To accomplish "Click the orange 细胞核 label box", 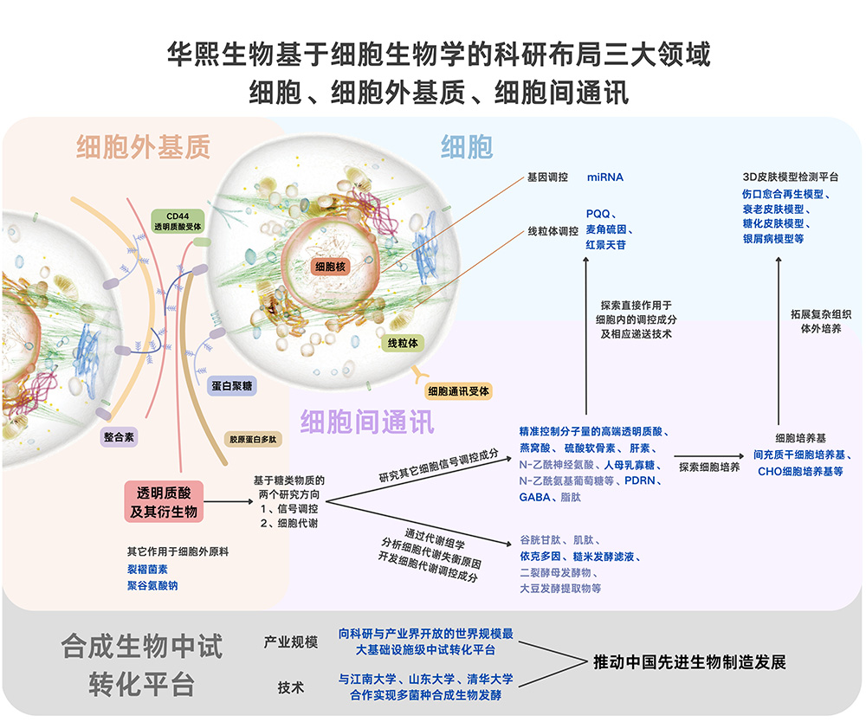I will (x=330, y=267).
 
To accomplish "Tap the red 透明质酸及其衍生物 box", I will (x=164, y=501).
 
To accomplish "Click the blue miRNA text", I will (x=604, y=177).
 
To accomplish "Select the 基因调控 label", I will (x=547, y=177).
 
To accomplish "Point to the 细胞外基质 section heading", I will (x=143, y=147).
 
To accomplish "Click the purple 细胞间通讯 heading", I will (x=367, y=422).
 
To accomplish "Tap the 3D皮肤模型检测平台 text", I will (x=790, y=177).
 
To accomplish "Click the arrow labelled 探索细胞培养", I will (x=710, y=455).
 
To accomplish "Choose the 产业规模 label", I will (x=291, y=642).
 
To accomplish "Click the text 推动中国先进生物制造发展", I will (x=689, y=662).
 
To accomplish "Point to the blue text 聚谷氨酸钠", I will (x=155, y=586).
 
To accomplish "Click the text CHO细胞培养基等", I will (x=800, y=472).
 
